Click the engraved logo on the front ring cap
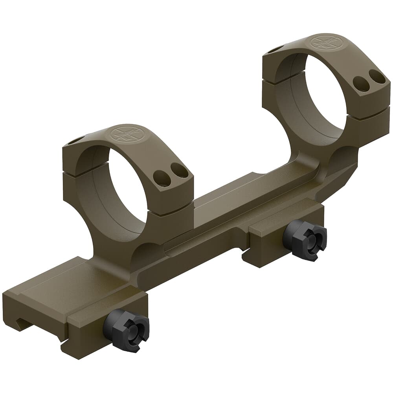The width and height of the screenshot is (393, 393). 125,134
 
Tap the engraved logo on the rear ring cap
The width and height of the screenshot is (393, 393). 325,42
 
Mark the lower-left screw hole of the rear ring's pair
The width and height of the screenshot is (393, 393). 361,83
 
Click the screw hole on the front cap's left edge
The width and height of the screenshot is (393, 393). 76,140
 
